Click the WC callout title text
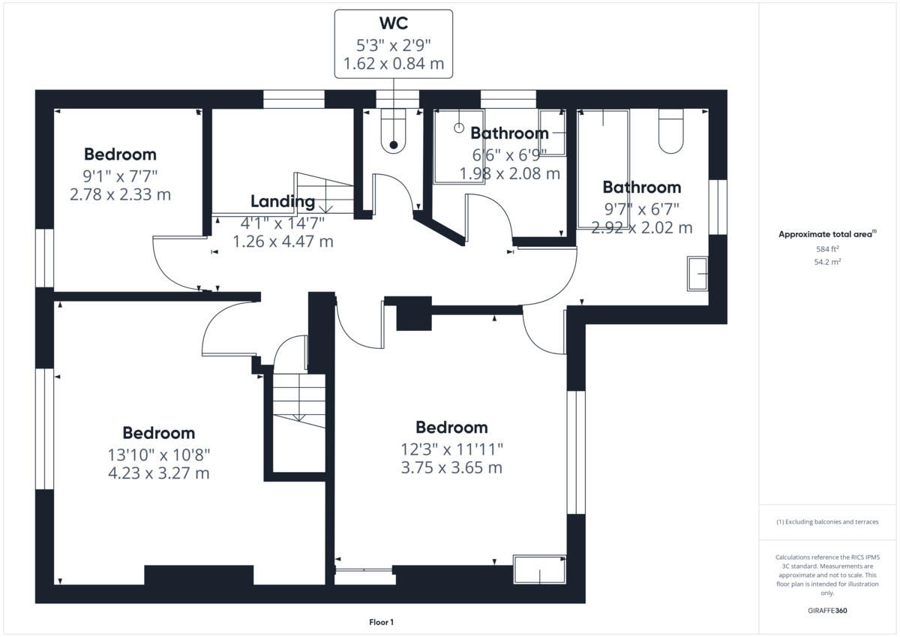(393, 23)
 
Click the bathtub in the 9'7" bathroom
(603, 168)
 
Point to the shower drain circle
(458, 128)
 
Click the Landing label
(283, 201)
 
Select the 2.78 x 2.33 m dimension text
(120, 195)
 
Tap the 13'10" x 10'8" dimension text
(158, 454)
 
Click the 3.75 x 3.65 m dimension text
(451, 467)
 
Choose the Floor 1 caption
(381, 622)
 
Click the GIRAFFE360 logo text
(826, 611)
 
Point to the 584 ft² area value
(826, 248)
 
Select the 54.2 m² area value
(826, 262)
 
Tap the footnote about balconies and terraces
(826, 521)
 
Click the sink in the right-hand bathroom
(698, 274)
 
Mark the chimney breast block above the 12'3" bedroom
(414, 314)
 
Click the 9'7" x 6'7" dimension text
(641, 208)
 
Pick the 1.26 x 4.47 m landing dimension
(283, 242)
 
